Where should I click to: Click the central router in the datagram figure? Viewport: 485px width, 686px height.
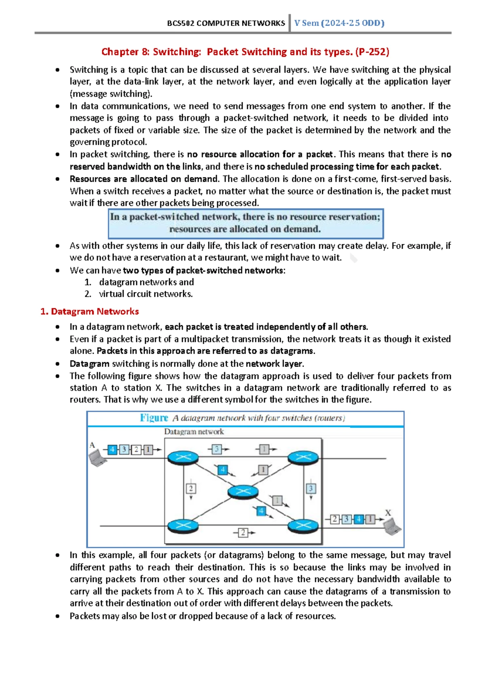pyautogui.click(x=242, y=491)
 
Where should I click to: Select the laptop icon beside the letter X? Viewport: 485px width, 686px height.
pyautogui.click(x=392, y=526)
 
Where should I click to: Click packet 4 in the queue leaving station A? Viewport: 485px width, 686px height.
pyautogui.click(x=112, y=449)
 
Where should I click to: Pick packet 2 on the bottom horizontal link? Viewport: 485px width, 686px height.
pyautogui.click(x=242, y=533)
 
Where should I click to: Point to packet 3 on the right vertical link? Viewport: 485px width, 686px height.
pyautogui.click(x=311, y=489)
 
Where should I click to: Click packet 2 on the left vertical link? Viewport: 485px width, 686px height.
pyautogui.click(x=191, y=489)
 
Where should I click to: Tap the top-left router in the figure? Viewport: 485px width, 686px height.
pyautogui.click(x=183, y=458)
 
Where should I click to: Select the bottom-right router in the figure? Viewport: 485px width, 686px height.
pyautogui.click(x=303, y=525)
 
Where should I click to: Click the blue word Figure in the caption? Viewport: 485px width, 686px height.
pyautogui.click(x=154, y=418)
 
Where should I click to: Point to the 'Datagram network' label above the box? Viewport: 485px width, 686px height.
pyautogui.click(x=194, y=432)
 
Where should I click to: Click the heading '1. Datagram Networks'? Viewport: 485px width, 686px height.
pyautogui.click(x=90, y=311)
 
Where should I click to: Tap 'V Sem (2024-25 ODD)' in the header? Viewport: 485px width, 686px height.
pyautogui.click(x=339, y=23)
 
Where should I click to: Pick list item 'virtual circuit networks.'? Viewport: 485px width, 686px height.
pyautogui.click(x=146, y=294)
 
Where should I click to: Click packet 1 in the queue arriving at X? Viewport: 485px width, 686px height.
pyautogui.click(x=369, y=519)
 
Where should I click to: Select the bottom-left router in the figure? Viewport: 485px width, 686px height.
pyautogui.click(x=183, y=525)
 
